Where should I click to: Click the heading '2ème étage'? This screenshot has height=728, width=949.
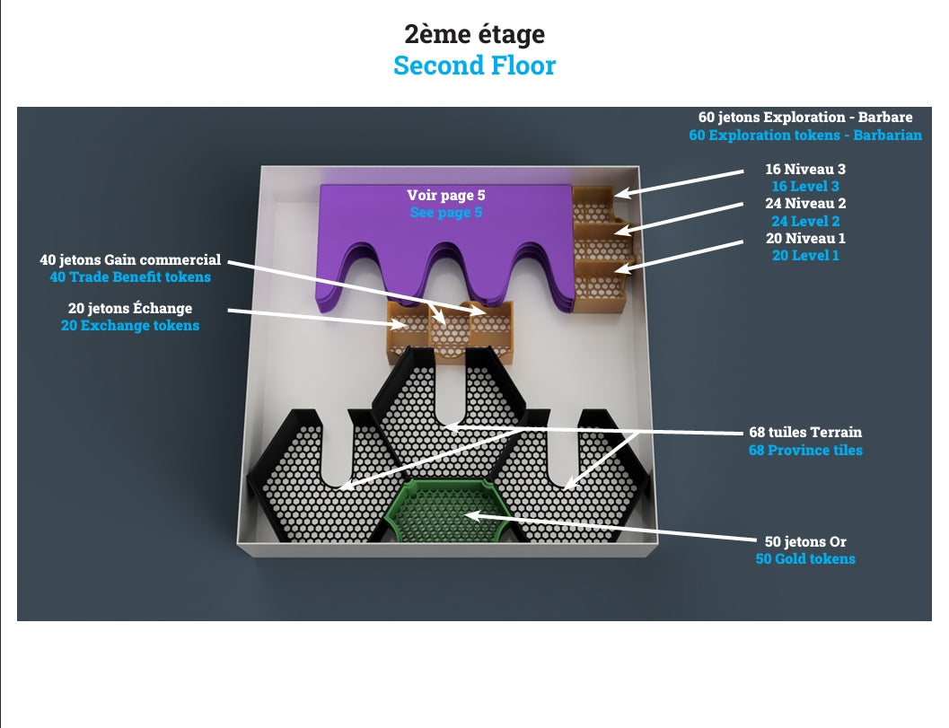[474, 34]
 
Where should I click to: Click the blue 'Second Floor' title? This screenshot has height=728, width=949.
[474, 66]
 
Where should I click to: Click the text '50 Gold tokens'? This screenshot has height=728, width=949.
[804, 558]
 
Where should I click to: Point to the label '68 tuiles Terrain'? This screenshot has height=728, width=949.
[805, 432]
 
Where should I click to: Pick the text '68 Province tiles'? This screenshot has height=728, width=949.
[805, 450]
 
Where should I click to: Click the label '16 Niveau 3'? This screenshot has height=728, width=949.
[804, 169]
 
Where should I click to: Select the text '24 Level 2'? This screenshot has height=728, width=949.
[804, 221]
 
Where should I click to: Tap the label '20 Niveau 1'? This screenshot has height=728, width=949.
[804, 239]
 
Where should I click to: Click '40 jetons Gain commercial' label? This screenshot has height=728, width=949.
[130, 260]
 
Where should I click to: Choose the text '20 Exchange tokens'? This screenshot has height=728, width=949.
[130, 326]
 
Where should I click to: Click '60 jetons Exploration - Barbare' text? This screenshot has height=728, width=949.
[804, 118]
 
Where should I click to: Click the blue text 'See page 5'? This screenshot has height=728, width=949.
[445, 213]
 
